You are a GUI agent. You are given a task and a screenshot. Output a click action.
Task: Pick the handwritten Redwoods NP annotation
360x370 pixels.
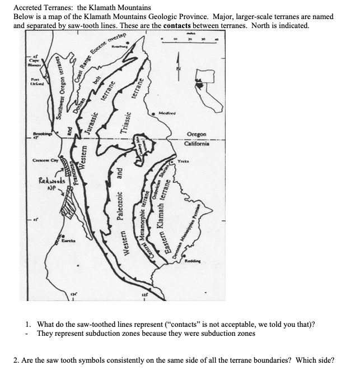pos(53,184)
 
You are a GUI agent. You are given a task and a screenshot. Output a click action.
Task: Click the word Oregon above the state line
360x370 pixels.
pos(197,135)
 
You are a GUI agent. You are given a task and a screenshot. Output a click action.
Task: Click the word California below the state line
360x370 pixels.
pos(197,144)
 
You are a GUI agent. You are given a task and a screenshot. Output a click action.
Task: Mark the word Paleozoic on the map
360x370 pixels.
pos(119,210)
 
